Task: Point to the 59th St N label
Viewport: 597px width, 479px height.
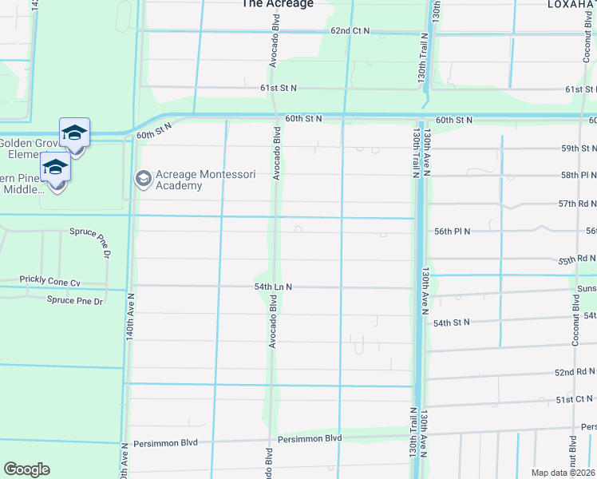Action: pos(579,148)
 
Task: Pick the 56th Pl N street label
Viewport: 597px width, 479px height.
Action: pos(452,231)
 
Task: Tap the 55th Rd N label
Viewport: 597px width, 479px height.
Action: pos(577,259)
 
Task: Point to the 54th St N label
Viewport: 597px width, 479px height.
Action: pos(452,323)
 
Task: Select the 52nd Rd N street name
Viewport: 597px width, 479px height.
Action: pos(575,372)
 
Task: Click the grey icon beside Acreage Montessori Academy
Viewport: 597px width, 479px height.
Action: pos(144,177)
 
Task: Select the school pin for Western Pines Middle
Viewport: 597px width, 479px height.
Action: pos(55,169)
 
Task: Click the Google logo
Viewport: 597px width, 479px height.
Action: pos(26,469)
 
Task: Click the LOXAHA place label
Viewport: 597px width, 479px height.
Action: pos(571,4)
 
